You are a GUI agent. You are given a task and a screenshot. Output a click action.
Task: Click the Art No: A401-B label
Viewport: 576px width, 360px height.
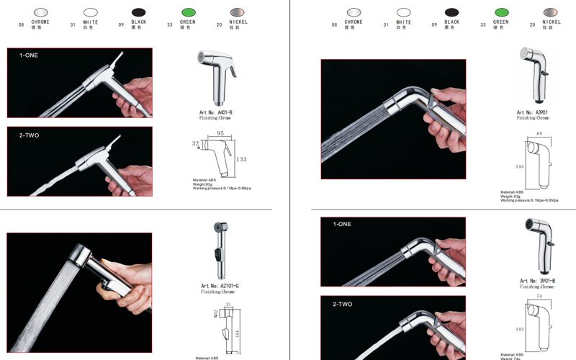coord(215,113)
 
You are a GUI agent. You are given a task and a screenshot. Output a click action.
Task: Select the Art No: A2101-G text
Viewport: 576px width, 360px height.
coord(220,286)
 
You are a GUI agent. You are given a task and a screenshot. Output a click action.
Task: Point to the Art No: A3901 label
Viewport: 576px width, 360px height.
coord(533,113)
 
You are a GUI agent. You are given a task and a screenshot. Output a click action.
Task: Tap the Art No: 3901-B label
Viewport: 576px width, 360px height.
coord(537,280)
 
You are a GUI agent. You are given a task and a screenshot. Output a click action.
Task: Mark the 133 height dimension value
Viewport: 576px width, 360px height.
coord(241,159)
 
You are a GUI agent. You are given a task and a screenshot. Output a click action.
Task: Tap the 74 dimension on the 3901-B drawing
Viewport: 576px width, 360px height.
coord(539,297)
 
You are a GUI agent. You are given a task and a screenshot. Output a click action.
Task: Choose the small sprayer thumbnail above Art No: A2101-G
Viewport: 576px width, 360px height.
coord(219,252)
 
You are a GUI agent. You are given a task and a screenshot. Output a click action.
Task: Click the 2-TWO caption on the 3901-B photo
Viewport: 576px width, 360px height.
coord(343,305)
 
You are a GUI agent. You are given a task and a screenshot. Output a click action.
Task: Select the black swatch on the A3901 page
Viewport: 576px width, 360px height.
coord(452,12)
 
